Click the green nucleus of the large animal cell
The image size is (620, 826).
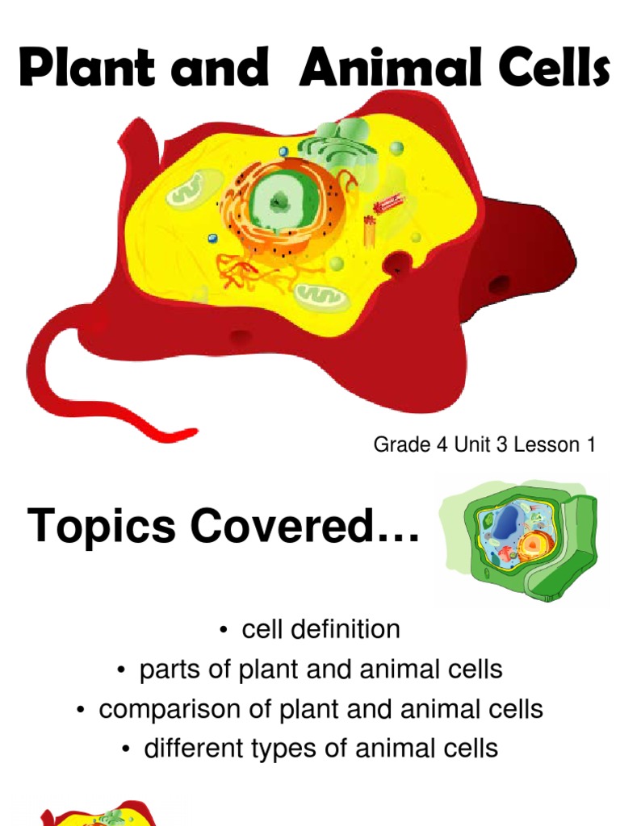(278, 201)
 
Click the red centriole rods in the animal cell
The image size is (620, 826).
(372, 218)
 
